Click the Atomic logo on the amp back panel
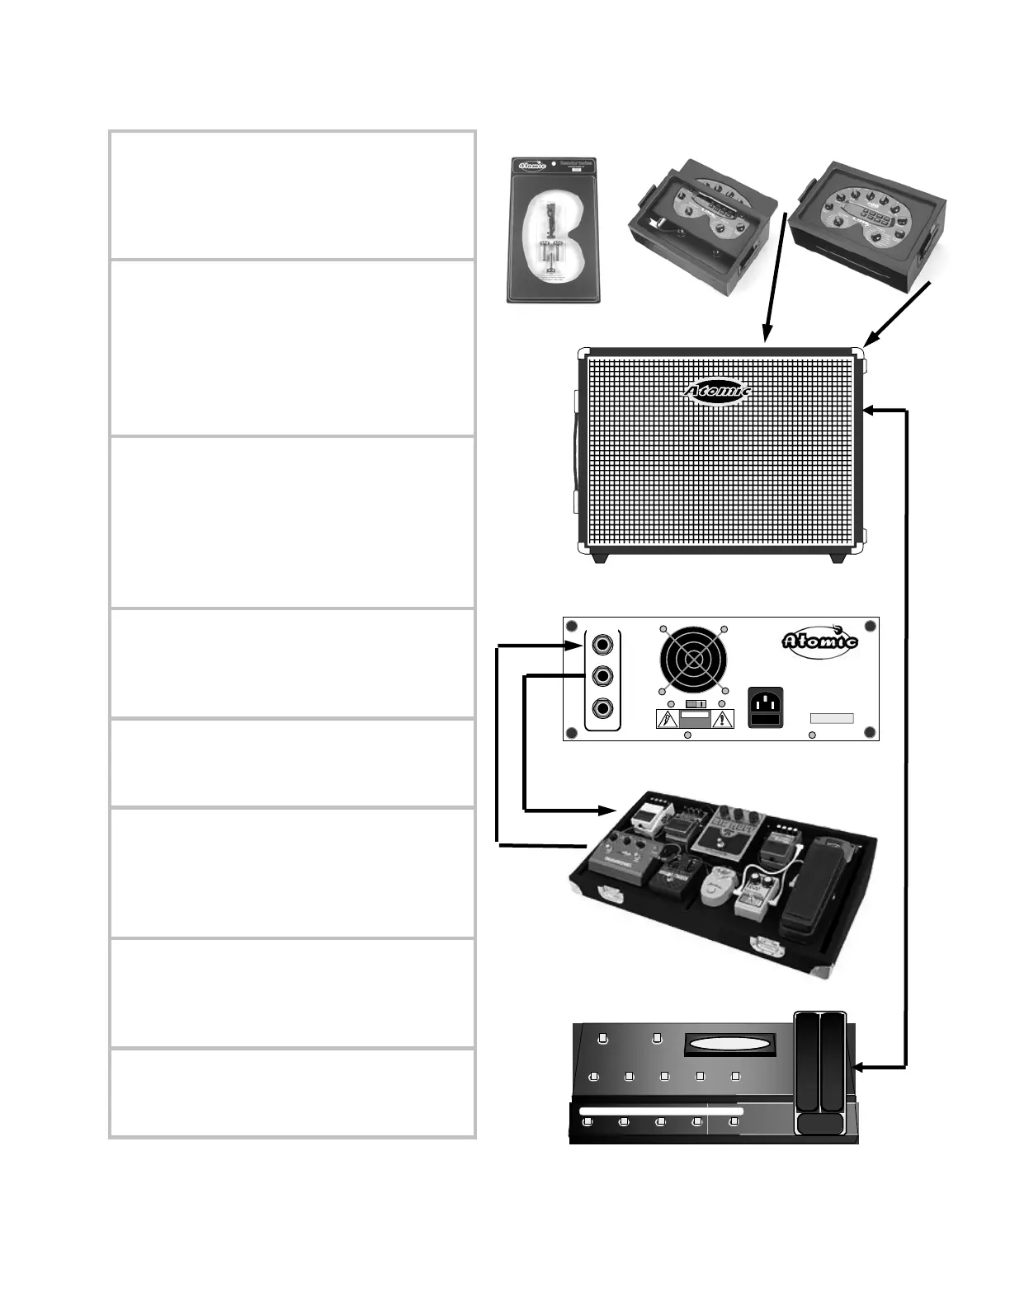(820, 639)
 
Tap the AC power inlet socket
(767, 707)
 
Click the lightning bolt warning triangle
(666, 720)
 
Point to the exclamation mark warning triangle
(723, 720)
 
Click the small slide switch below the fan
(695, 704)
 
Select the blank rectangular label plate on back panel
(831, 719)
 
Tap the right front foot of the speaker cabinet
(837, 558)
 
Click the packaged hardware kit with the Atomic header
(553, 230)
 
